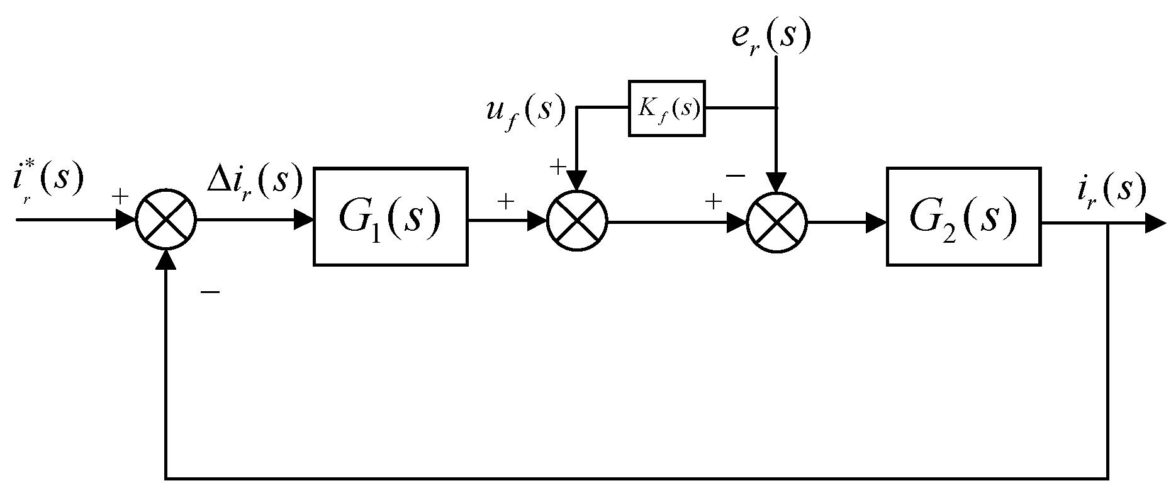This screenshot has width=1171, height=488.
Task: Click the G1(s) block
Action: pyautogui.click(x=390, y=216)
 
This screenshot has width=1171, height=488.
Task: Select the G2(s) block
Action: pyautogui.click(x=963, y=216)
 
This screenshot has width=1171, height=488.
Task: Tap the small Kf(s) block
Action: pyautogui.click(x=667, y=108)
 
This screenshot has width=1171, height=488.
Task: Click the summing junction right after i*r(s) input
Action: pyautogui.click(x=166, y=221)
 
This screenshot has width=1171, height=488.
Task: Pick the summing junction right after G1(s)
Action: pyautogui.click(x=577, y=221)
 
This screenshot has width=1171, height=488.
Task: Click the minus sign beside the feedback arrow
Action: pyautogui.click(x=210, y=292)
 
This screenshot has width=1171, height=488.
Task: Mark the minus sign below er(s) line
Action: pyautogui.click(x=736, y=175)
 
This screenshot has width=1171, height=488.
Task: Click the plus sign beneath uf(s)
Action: pyautogui.click(x=557, y=167)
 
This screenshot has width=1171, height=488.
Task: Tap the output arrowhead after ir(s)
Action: pyautogui.click(x=1155, y=222)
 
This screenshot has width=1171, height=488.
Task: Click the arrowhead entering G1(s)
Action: pyautogui.click(x=305, y=221)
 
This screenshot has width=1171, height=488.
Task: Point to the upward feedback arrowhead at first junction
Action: pyautogui.click(x=166, y=260)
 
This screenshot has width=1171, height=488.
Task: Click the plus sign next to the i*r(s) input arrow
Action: pyautogui.click(x=120, y=197)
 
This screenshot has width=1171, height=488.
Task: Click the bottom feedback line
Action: pyautogui.click(x=629, y=476)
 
